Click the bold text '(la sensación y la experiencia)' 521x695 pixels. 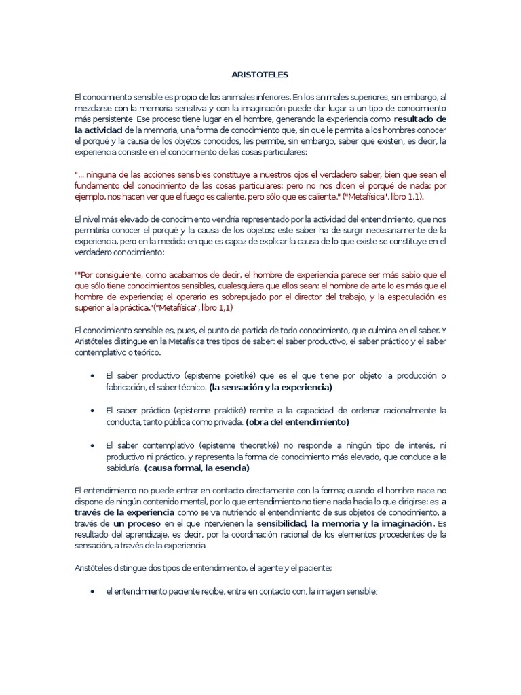click(271, 387)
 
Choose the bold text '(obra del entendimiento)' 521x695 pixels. click(297, 421)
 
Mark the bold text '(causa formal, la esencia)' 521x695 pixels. click(201, 468)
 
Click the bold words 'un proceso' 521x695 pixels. click(137, 524)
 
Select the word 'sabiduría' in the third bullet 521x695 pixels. click(123, 468)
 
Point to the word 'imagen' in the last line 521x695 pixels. click(332, 592)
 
